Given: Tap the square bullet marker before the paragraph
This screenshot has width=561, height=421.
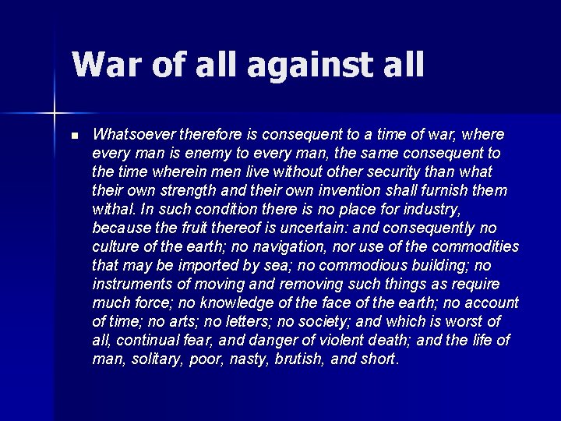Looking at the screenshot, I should (74, 136).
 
